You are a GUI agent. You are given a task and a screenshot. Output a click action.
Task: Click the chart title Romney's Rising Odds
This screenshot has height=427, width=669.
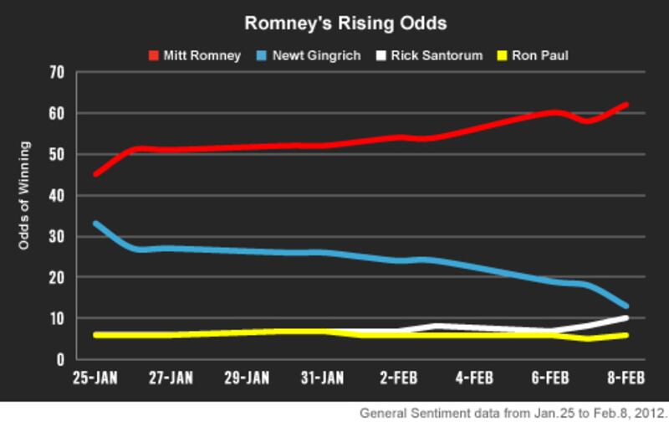(x=334, y=22)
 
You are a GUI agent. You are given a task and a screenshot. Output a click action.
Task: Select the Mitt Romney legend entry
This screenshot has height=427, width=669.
(x=194, y=55)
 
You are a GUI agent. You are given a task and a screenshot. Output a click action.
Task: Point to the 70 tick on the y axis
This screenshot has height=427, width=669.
(x=57, y=73)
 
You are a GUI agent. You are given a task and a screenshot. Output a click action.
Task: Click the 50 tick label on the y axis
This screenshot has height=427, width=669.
(x=57, y=155)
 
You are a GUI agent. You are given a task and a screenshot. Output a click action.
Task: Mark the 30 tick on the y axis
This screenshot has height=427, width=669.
(x=57, y=237)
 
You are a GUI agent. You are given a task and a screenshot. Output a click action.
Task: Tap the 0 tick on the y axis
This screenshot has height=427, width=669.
(x=60, y=360)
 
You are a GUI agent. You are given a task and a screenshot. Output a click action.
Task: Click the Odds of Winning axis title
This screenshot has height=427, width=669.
(x=26, y=196)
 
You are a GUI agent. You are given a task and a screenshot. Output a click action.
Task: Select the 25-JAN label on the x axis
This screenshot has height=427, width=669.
(x=94, y=378)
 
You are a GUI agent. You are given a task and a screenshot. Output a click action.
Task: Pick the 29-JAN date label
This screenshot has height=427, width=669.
(x=246, y=378)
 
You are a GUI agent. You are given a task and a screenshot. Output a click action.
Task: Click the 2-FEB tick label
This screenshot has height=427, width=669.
(x=400, y=378)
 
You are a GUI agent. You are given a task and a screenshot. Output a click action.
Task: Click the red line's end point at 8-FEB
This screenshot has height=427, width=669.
(x=626, y=105)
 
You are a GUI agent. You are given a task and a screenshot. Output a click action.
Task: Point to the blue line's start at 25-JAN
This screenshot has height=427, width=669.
(x=96, y=224)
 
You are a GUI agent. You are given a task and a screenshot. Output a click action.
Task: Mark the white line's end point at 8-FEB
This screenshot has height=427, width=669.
(x=626, y=317)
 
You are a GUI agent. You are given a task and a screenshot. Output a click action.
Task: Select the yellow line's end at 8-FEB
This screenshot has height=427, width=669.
(x=626, y=335)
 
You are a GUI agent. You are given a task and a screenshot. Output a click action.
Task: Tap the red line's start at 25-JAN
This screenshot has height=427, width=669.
(x=96, y=174)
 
